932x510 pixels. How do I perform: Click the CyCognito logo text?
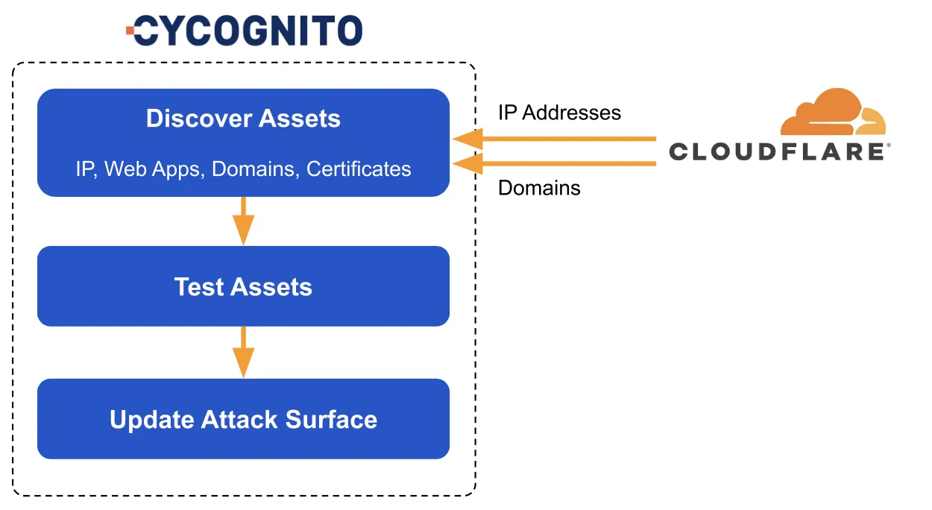pyautogui.click(x=248, y=31)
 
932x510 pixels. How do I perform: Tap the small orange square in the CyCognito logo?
pyautogui.click(x=130, y=31)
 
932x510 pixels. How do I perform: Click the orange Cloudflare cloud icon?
pyautogui.click(x=833, y=112)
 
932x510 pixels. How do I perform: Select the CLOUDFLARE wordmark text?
pyautogui.click(x=776, y=151)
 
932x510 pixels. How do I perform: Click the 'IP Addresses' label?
pyautogui.click(x=559, y=113)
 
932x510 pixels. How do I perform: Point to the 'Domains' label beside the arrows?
pyautogui.click(x=539, y=188)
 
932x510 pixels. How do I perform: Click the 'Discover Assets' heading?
pyautogui.click(x=243, y=119)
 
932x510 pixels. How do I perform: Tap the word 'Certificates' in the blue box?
pyautogui.click(x=359, y=169)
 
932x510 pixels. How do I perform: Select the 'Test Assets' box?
pyautogui.click(x=243, y=286)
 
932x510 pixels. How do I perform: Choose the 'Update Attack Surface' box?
pyautogui.click(x=243, y=419)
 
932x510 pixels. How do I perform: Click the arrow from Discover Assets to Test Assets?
pyautogui.click(x=243, y=221)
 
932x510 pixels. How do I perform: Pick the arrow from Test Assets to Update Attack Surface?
pyautogui.click(x=243, y=353)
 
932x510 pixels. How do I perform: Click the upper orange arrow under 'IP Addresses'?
pyautogui.click(x=554, y=139)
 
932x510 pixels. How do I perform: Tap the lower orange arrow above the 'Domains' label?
pyautogui.click(x=554, y=163)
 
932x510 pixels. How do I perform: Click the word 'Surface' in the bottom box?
pyautogui.click(x=331, y=419)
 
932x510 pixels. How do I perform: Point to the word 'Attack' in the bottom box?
pyautogui.click(x=239, y=419)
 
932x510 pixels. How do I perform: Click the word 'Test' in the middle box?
pyautogui.click(x=199, y=286)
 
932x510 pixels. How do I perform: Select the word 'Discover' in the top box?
pyautogui.click(x=199, y=119)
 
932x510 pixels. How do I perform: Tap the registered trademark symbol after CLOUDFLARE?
pyautogui.click(x=889, y=145)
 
